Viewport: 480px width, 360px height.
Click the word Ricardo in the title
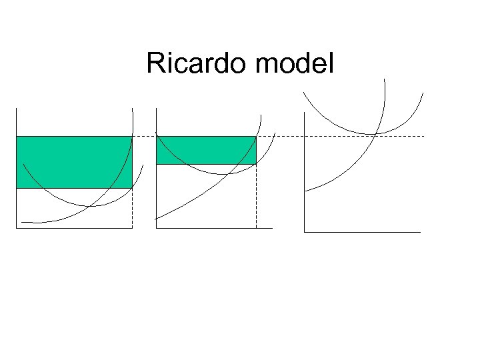tap(197, 64)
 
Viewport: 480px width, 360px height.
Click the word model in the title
tap(294, 64)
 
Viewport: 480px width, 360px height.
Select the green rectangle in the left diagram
tap(73, 162)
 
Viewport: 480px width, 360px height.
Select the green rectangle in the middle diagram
tap(205, 150)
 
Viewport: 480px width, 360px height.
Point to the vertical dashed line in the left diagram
tap(132, 208)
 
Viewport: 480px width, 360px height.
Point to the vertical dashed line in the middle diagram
tap(256, 197)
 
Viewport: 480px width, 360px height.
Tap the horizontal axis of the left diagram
tap(74, 228)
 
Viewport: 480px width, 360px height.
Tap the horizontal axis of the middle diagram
tap(214, 228)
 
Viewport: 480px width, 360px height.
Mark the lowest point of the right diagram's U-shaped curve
tap(363, 133)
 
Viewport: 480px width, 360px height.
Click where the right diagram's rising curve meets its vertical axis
tap(305, 191)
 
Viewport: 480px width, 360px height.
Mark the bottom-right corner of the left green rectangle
tap(132, 188)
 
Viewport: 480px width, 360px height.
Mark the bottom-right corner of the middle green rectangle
tap(256, 164)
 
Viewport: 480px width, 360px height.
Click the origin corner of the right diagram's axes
tap(304, 232)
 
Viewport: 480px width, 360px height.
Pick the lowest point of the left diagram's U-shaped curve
tap(93, 205)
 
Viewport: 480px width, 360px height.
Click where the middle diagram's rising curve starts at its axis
tap(156, 219)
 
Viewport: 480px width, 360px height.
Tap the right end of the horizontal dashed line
tap(423, 136)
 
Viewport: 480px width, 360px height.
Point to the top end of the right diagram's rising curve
tap(385, 80)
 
